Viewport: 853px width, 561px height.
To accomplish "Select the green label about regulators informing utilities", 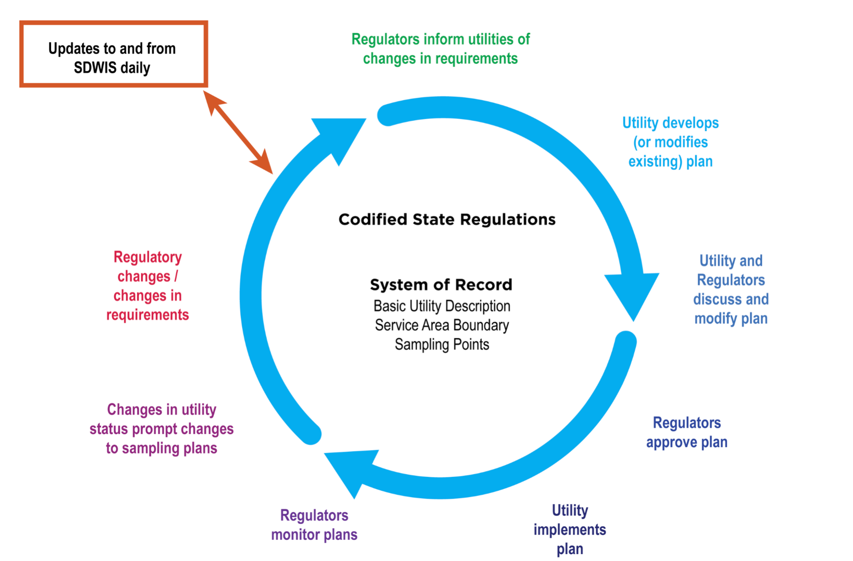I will (440, 49).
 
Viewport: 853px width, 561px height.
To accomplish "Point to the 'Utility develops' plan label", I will (670, 142).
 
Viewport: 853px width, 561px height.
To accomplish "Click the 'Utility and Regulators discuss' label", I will (731, 289).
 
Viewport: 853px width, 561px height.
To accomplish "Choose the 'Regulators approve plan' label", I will (687, 432).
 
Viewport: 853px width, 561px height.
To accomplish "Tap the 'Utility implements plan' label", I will (569, 529).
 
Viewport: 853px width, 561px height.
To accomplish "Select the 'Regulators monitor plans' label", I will (314, 525).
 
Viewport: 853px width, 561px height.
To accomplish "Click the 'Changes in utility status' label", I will (161, 429).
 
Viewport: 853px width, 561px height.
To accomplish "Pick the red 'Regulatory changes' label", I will (147, 286).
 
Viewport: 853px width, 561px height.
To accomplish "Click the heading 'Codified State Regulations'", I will (447, 219).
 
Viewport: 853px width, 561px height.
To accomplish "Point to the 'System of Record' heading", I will (441, 285).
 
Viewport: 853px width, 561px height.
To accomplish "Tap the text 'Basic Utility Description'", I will (442, 306).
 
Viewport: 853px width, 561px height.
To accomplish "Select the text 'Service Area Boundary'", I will (442, 325).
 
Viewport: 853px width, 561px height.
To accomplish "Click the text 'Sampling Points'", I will (442, 345).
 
